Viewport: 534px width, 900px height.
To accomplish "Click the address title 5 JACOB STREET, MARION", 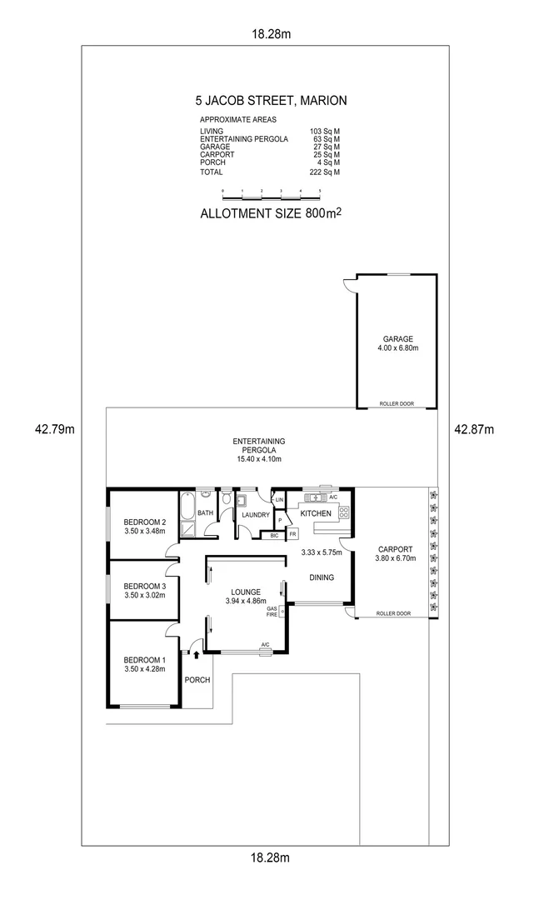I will [271, 101].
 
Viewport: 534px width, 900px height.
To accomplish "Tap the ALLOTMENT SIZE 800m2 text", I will [272, 212].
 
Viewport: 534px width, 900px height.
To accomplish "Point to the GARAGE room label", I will [397, 339].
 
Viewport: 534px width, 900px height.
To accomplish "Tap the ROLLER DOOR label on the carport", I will [394, 613].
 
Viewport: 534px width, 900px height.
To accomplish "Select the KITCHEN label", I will [317, 513].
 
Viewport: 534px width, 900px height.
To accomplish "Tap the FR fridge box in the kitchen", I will [292, 534].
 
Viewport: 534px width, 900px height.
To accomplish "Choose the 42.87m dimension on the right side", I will [474, 430].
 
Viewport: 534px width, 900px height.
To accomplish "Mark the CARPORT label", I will [395, 549].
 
